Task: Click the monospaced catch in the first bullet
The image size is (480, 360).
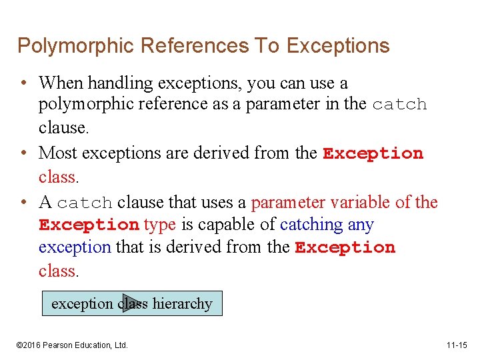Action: (399, 105)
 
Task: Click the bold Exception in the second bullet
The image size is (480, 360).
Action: (373, 153)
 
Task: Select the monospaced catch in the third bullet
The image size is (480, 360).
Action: (84, 203)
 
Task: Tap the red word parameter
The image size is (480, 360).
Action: (287, 203)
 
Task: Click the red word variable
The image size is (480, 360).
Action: (357, 202)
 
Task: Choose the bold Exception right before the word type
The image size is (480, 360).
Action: (89, 225)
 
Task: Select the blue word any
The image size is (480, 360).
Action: (361, 225)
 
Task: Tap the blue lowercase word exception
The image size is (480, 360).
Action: (75, 247)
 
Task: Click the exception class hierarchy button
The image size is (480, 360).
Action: (131, 304)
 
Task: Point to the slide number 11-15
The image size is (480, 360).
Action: (457, 345)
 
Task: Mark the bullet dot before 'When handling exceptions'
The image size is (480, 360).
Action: (23, 84)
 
